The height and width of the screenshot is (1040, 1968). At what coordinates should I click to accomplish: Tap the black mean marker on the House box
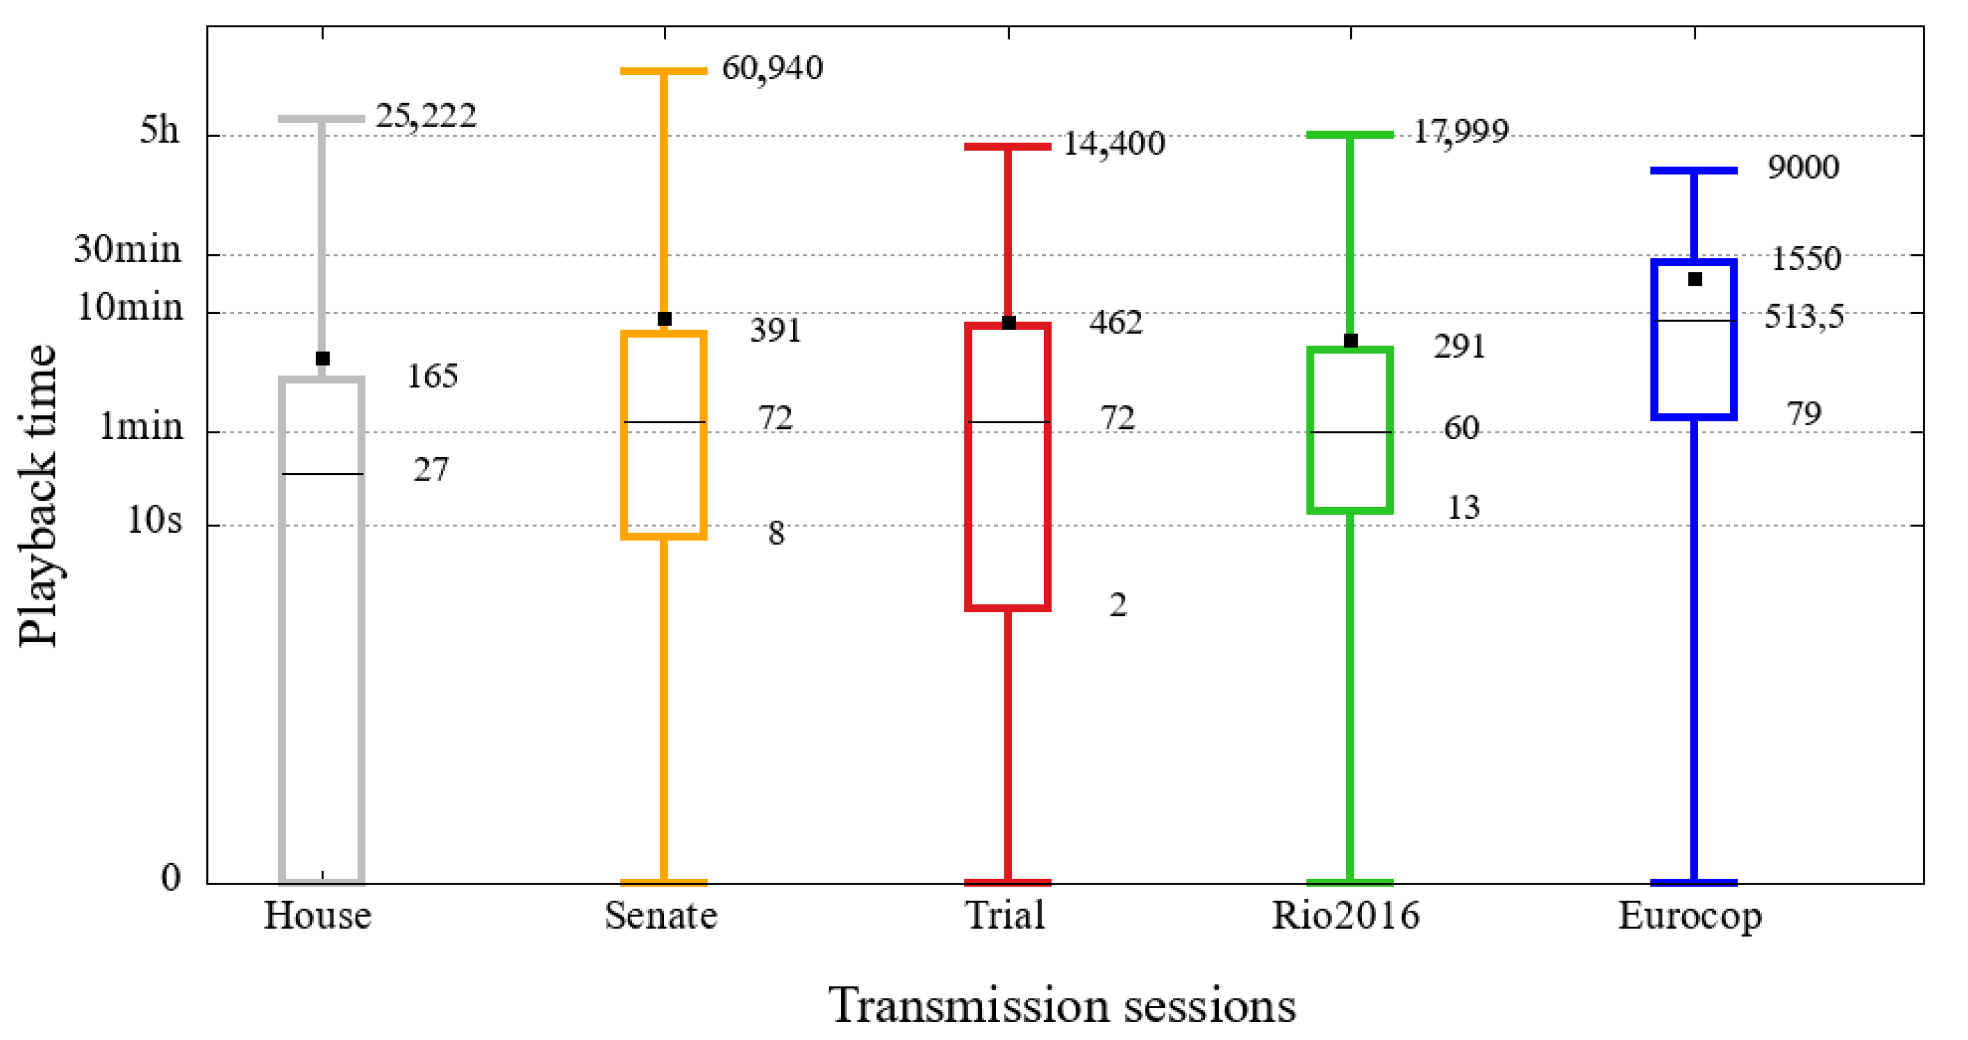tap(323, 358)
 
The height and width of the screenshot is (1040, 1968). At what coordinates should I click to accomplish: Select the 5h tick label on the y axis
tap(159, 130)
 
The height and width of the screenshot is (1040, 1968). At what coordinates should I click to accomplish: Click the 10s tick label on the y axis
tap(154, 521)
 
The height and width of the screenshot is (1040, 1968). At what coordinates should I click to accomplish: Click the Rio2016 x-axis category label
tap(1345, 915)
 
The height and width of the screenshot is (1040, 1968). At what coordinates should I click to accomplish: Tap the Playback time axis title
tap(38, 495)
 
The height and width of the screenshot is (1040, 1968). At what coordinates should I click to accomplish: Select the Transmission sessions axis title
tap(1062, 1005)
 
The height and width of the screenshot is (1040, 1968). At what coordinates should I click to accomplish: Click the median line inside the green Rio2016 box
tap(1350, 433)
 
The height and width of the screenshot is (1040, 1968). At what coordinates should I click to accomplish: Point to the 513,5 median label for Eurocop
tap(1804, 316)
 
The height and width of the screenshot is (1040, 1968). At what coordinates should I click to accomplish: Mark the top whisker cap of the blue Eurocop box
tap(1694, 171)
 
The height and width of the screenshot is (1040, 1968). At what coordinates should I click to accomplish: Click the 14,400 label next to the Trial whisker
tap(1114, 144)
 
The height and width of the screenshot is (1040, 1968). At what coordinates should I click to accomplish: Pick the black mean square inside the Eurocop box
tap(1694, 279)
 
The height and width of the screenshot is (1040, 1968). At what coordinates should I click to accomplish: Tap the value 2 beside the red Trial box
tap(1117, 605)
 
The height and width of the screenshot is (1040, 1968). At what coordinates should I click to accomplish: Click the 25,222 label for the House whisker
tap(426, 116)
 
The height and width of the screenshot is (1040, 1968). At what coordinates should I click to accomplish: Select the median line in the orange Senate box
tap(664, 422)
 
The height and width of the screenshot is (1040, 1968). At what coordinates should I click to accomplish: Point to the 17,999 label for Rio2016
tap(1460, 132)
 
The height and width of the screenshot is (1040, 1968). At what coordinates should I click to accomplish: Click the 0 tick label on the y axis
tap(171, 877)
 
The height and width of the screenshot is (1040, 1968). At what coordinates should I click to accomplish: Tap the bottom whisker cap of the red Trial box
tap(1008, 883)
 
